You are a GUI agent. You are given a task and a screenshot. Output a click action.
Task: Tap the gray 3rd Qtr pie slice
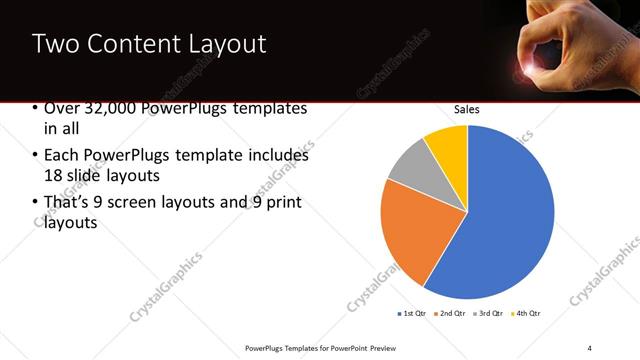409,168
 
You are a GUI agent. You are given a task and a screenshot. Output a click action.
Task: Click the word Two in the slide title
55,44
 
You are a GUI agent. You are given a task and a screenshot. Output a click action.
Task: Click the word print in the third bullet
283,204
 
